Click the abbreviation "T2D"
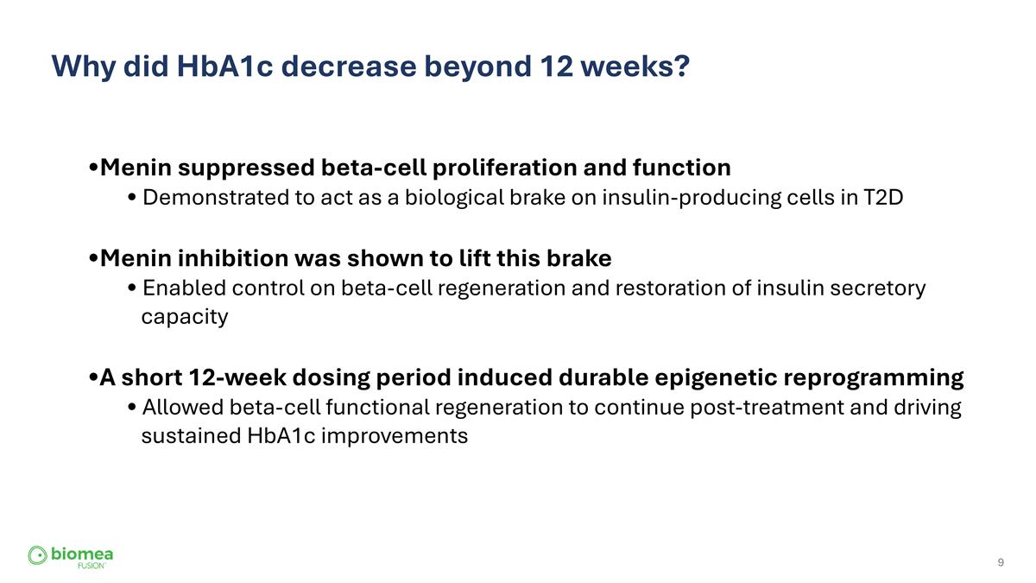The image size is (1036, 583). [882, 198]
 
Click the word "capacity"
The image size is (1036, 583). [185, 317]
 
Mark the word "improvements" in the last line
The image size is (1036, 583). [405, 436]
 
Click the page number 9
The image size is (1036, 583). [1001, 563]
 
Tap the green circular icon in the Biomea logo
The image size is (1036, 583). [37, 555]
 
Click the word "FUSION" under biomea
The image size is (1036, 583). [91, 566]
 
